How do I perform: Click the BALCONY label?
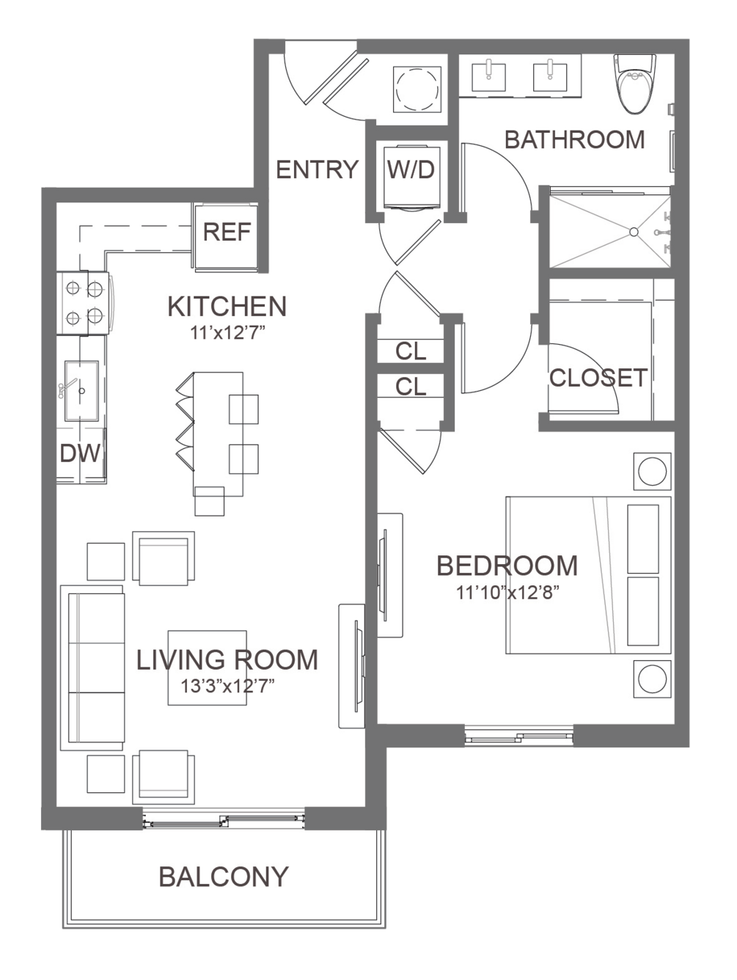[224, 877]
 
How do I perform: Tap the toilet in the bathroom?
[634, 83]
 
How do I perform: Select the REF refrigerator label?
[227, 232]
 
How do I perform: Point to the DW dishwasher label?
[81, 453]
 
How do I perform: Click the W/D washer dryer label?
[411, 169]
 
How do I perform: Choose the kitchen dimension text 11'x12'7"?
[227, 333]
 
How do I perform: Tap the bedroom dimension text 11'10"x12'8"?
[508, 593]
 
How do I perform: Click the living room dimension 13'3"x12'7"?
[227, 686]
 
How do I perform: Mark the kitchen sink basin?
[81, 391]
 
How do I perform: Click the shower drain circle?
[634, 232]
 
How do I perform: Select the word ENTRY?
[317, 169]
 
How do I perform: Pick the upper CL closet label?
[411, 351]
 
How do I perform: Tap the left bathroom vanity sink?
[489, 77]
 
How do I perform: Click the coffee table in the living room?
[207, 668]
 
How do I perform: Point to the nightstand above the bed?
[652, 471]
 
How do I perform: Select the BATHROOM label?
[574, 139]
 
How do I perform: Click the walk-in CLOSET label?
[598, 378]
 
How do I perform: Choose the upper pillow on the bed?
[643, 539]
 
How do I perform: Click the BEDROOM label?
[507, 566]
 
